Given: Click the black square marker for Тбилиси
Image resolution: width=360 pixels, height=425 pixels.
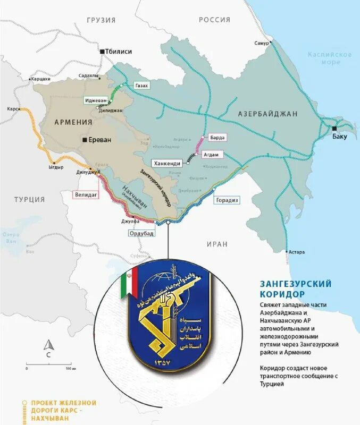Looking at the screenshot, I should [102, 52].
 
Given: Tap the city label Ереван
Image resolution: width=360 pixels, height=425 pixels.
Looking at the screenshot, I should [100, 140].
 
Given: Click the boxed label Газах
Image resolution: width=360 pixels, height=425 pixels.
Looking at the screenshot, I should [141, 86].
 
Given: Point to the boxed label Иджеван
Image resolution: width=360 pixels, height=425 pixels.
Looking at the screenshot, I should [96, 100].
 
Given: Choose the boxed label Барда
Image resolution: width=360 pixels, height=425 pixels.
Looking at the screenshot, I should [217, 137].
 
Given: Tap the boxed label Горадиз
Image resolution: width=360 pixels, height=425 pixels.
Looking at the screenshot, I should [228, 200].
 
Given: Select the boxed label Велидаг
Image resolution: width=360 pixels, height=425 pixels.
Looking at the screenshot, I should [86, 195].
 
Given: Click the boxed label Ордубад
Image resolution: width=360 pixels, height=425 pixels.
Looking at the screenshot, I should [143, 233].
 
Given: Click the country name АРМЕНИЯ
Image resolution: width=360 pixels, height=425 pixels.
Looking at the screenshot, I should [73, 122].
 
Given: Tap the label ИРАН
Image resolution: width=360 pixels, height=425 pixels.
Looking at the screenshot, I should [218, 244].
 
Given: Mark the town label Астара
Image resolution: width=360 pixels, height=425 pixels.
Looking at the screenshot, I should [296, 252].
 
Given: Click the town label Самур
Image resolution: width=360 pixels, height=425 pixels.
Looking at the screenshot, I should [262, 42].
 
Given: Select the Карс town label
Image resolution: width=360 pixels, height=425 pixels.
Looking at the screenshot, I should [12, 108].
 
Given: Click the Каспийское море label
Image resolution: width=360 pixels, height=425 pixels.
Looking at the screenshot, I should [330, 58].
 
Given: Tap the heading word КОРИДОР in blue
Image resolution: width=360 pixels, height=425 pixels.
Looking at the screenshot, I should [282, 294].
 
